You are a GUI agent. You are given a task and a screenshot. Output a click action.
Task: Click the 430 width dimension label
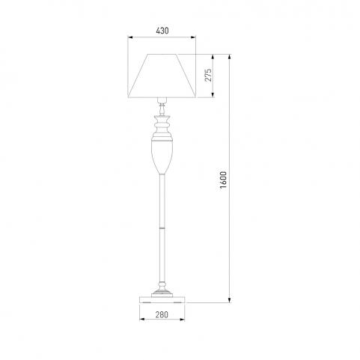(x=162, y=31)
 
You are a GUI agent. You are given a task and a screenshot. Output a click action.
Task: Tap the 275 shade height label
(x=208, y=75)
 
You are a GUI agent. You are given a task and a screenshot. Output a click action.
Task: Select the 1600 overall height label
(x=223, y=180)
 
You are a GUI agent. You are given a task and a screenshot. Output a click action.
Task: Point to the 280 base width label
(x=162, y=315)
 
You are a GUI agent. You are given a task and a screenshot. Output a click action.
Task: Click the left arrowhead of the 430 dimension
(x=130, y=37)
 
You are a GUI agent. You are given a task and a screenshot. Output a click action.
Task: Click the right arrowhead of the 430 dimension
(x=193, y=37)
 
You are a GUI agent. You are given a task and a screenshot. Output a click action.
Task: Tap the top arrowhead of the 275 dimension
(x=213, y=57)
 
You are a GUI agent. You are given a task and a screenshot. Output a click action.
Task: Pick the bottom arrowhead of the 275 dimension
(x=213, y=94)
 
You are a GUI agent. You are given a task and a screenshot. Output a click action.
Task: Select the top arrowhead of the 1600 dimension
(x=230, y=57)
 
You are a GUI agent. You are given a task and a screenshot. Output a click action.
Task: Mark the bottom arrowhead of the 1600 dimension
(x=230, y=300)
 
